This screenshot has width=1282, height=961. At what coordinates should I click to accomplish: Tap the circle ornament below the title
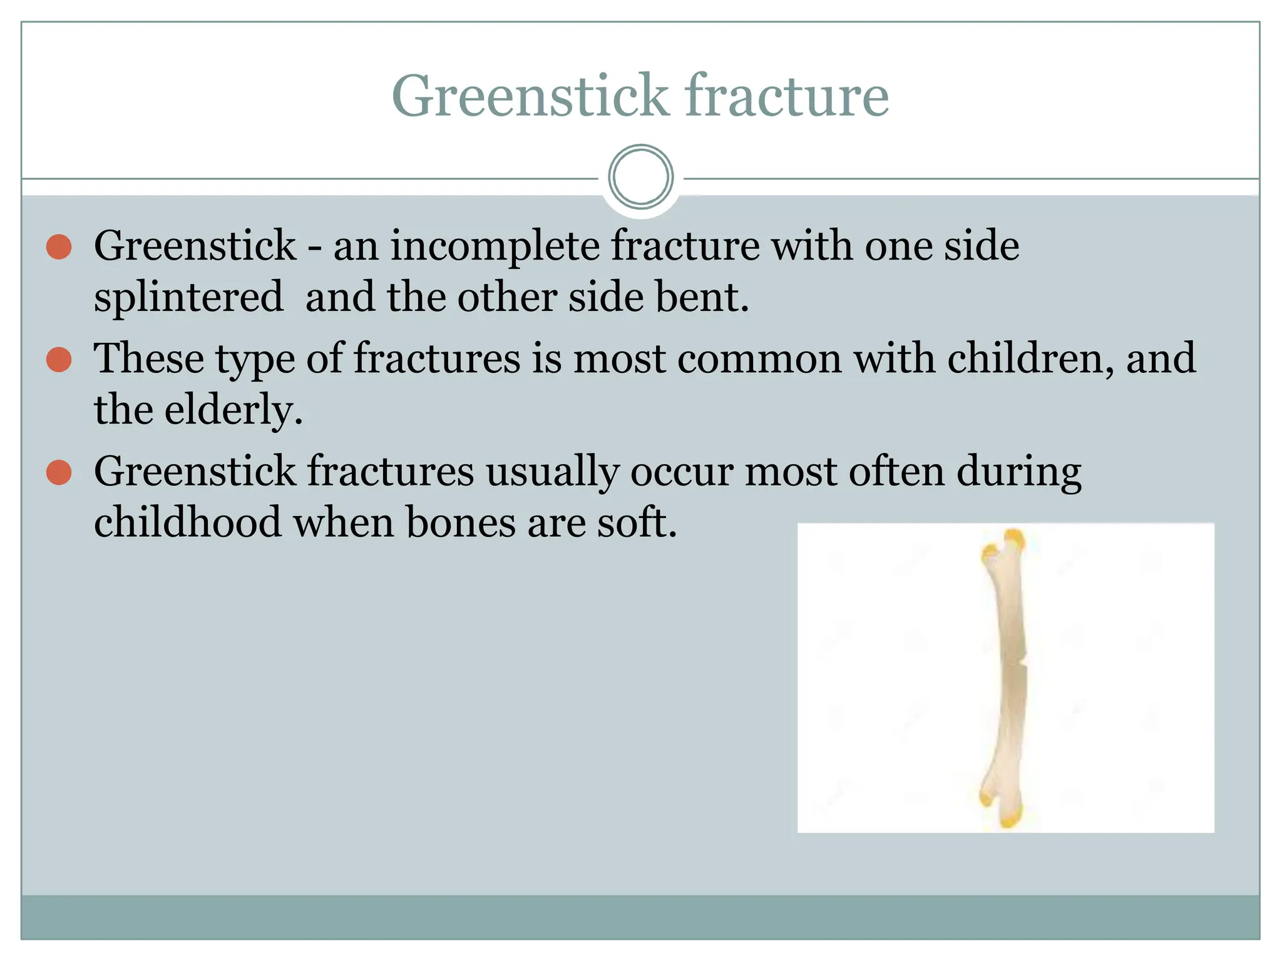pos(640,177)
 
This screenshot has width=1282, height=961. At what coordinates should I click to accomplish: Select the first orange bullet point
pos(59,247)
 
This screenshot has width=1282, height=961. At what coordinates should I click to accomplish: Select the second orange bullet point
pos(59,360)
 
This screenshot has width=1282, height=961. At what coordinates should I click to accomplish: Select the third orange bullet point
pos(59,472)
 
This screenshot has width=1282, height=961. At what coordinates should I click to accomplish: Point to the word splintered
pos(188,297)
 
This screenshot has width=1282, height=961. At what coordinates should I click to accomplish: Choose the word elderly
pos(233,410)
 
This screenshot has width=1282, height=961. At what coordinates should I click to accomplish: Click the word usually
pos(552,472)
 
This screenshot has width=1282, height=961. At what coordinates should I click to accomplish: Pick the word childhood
pos(188,522)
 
